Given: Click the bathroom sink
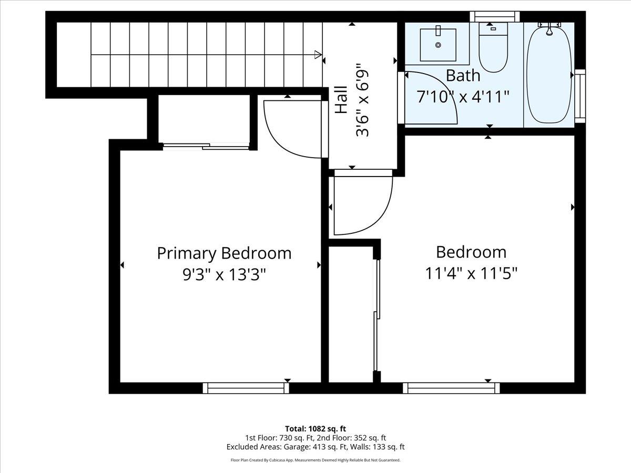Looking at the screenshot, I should click(438, 44).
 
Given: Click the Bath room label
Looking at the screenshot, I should click(463, 76).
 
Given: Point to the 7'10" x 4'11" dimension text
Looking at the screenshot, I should click(463, 97).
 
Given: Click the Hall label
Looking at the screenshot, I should click(341, 100).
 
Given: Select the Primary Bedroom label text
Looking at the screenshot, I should click(224, 253).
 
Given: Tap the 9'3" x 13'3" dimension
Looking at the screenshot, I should click(224, 274).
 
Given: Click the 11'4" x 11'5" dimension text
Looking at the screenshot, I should click(471, 273).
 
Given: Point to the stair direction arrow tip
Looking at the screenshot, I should click(320, 54).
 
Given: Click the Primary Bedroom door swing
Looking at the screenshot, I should click(292, 129).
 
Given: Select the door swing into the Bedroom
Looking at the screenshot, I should click(363, 205).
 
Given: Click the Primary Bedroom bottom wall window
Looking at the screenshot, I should click(246, 388).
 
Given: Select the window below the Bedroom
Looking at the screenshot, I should click(451, 388).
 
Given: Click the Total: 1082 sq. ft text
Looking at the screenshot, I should click(315, 428).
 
